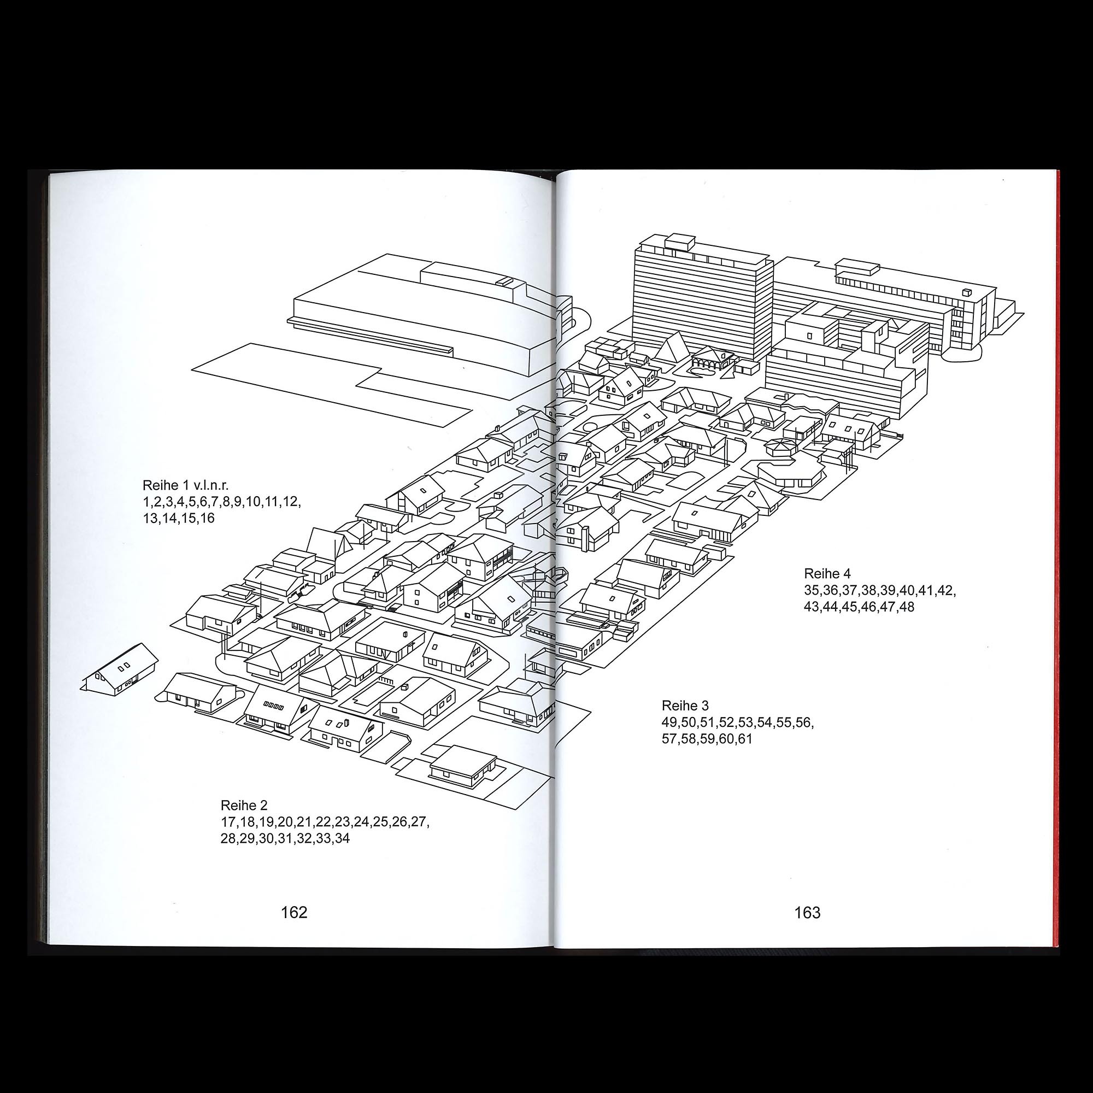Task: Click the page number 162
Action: click(294, 913)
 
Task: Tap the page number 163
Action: click(807, 913)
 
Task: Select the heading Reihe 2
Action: click(244, 805)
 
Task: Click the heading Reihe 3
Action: click(685, 706)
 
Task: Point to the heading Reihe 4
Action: click(827, 574)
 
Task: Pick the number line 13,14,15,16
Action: click(179, 518)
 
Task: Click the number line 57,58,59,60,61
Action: click(707, 739)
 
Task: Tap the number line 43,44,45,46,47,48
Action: click(859, 607)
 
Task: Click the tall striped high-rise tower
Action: click(702, 300)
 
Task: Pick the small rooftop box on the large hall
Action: click(503, 280)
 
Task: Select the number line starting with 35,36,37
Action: click(880, 590)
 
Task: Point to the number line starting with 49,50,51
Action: click(738, 722)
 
